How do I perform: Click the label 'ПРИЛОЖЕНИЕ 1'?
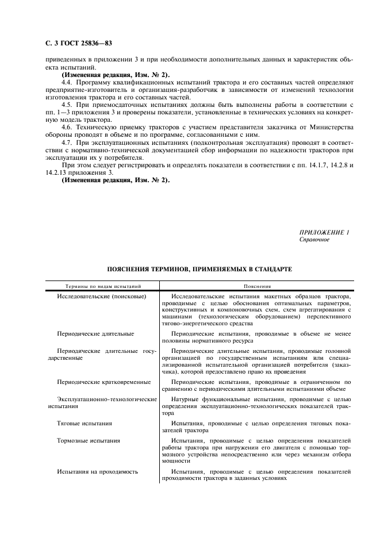pos(325,232)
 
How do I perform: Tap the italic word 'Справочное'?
pos(314,239)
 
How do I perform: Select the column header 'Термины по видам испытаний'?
pos(103,286)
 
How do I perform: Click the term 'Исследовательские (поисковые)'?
pos(102,296)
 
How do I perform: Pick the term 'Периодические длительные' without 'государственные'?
pos(95,333)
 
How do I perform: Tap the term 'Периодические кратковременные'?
pos(104,382)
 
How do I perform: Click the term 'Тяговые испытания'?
pos(85,423)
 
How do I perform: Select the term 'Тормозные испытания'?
pos(89,441)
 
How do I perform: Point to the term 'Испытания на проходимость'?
pos(98,472)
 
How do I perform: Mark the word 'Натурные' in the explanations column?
pos(185,399)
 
